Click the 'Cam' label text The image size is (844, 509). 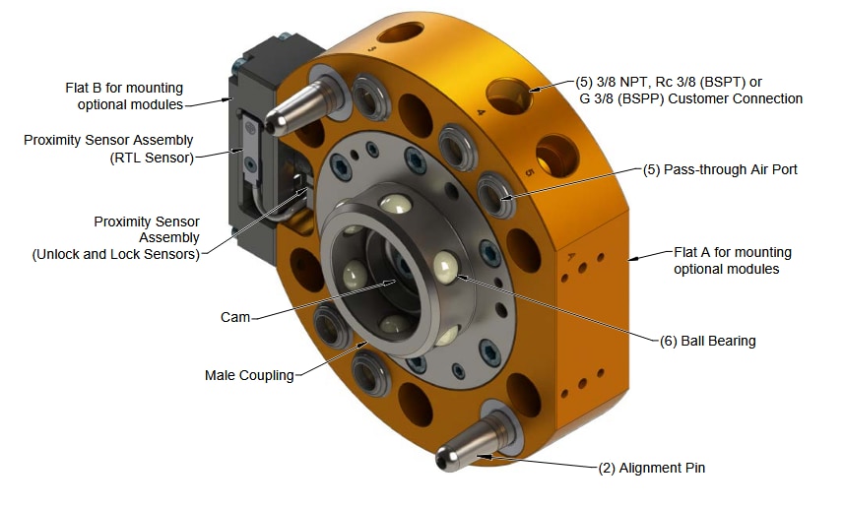pyautogui.click(x=234, y=318)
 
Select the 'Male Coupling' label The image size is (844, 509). pyautogui.click(x=249, y=375)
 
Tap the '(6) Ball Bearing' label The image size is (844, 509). pyautogui.click(x=707, y=342)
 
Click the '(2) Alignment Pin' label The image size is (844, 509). pyautogui.click(x=652, y=468)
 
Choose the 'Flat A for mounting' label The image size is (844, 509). pyautogui.click(x=732, y=253)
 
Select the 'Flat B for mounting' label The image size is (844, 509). pyautogui.click(x=124, y=89)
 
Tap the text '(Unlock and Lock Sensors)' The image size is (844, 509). pyautogui.click(x=116, y=254)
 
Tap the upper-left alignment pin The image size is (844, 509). pyautogui.click(x=295, y=107)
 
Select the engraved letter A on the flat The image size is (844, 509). pyautogui.click(x=573, y=254)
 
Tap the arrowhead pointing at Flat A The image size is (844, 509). pyautogui.click(x=632, y=259)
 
